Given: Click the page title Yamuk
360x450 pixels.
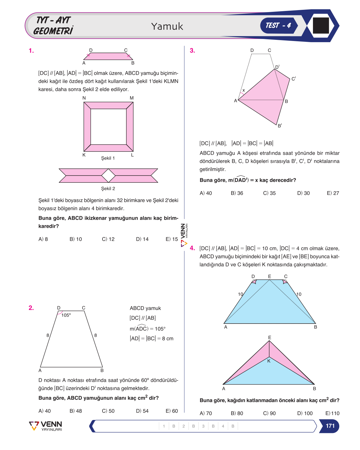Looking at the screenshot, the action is point(167,26).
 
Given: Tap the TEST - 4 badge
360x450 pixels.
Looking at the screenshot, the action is point(278,25).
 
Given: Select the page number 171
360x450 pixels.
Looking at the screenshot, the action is point(330,426).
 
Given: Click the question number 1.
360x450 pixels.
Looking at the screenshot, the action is point(31,51).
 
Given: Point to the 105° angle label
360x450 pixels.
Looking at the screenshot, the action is point(66,315).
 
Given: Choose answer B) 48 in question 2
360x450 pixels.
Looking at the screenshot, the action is point(76,411).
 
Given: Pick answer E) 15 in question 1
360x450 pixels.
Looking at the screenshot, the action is point(171,239).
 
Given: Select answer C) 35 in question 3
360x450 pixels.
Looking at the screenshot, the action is point(269,193).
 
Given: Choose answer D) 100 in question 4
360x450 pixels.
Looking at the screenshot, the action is point(305,413).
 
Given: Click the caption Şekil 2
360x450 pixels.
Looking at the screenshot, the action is point(108,188).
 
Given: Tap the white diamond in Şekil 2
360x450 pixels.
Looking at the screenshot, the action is point(108,175).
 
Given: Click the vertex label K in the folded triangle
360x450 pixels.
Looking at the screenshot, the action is point(269,361).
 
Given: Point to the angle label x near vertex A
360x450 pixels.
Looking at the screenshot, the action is point(243,90).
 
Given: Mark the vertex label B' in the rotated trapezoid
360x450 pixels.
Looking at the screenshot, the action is point(280,126).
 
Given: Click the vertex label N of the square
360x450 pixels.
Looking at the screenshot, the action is point(84,98).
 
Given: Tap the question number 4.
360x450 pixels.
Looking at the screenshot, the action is point(192,248).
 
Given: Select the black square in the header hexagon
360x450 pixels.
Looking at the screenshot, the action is point(321,26).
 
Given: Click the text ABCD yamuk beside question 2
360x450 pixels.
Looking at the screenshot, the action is point(145,308).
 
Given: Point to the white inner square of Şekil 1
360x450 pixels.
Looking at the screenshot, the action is point(108,127).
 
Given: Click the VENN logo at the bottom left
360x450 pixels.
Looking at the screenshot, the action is point(45,426).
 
